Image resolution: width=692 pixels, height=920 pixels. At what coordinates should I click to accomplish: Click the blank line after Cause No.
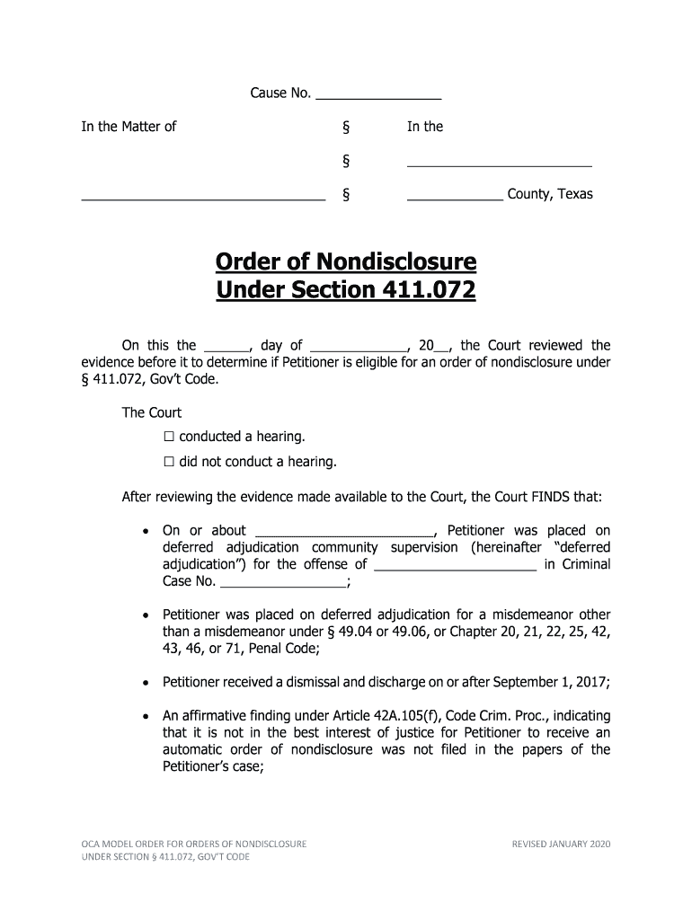pyautogui.click(x=378, y=94)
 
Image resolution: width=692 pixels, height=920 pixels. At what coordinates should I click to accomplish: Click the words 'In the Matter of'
pyautogui.click(x=129, y=127)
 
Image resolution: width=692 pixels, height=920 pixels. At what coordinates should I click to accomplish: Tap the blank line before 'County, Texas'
pyautogui.click(x=455, y=195)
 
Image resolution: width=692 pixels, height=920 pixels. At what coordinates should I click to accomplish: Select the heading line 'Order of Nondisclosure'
pyautogui.click(x=346, y=262)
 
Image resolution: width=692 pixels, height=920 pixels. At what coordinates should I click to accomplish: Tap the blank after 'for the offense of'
pyautogui.click(x=455, y=565)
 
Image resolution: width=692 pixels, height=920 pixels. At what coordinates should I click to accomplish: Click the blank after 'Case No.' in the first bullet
pyautogui.click(x=283, y=582)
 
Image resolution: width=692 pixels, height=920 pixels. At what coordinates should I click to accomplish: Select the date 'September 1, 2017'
pyautogui.click(x=555, y=682)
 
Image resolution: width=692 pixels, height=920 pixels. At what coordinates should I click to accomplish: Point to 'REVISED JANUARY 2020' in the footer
pyautogui.click(x=560, y=844)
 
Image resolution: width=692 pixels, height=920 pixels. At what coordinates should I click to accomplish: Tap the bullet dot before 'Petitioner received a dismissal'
pyautogui.click(x=147, y=683)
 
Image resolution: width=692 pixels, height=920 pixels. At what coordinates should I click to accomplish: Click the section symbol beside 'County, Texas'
pyautogui.click(x=346, y=195)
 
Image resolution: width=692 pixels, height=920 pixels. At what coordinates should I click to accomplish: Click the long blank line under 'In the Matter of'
pyautogui.click(x=203, y=196)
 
